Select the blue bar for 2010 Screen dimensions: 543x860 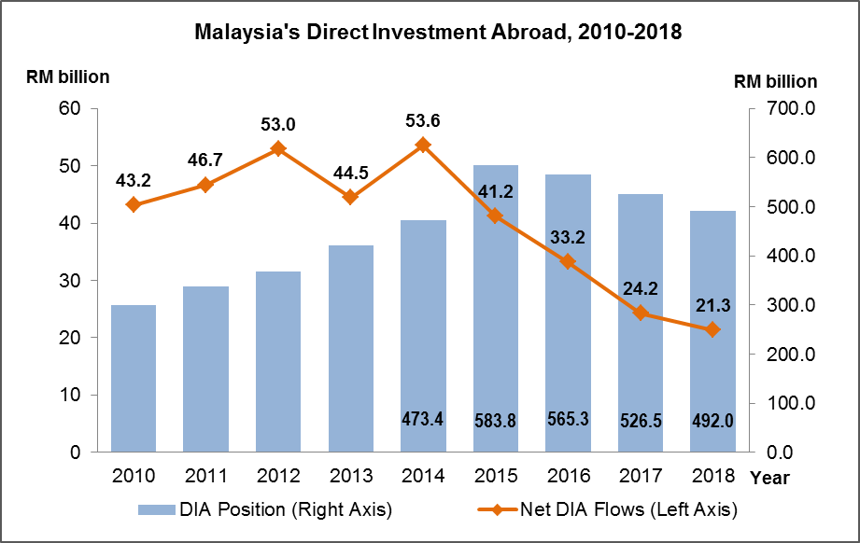[134, 378]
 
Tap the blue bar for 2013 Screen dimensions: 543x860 [351, 349]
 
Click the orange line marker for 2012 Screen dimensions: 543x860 [278, 148]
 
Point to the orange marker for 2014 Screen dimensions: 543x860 [423, 145]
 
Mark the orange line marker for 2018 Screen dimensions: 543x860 [712, 329]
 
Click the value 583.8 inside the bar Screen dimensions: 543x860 [495, 421]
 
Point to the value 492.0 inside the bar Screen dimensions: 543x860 [712, 421]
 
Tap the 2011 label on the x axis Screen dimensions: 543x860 [205, 477]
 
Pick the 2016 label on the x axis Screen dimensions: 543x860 [568, 477]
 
